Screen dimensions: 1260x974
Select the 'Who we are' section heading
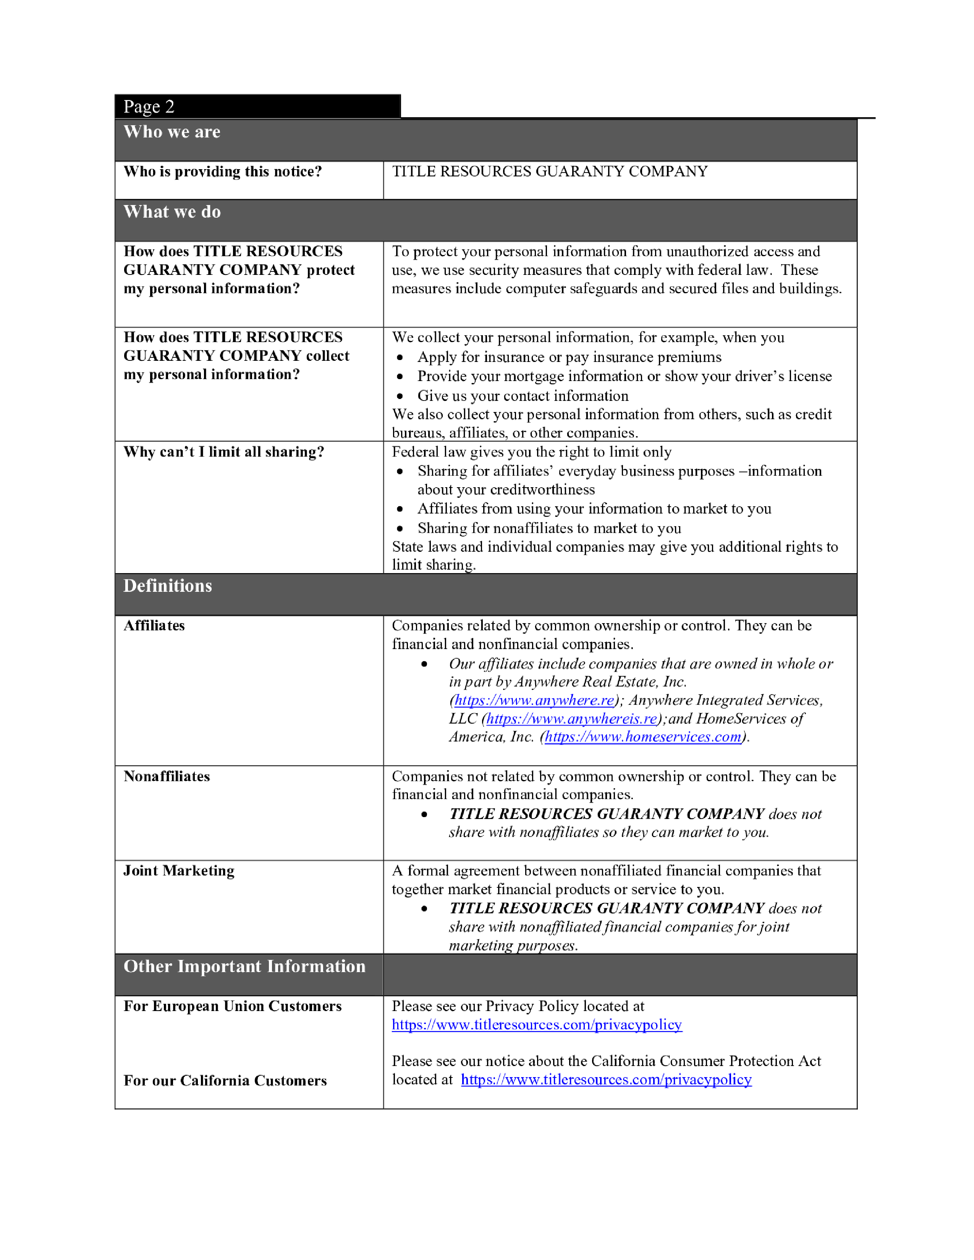pos(172,132)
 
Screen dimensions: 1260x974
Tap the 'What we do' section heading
pos(172,212)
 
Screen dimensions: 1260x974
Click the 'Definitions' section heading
pos(167,586)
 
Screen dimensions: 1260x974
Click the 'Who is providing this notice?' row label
pos(222,171)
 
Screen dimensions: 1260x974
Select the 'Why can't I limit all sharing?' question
pos(223,452)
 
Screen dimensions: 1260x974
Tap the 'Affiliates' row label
pos(154,625)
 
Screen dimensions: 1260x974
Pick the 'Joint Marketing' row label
pos(179,871)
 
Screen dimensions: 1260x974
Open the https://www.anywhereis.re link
pos(572,719)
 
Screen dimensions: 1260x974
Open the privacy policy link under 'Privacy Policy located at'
pos(537,1025)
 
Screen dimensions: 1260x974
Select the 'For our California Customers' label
pos(225,1081)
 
